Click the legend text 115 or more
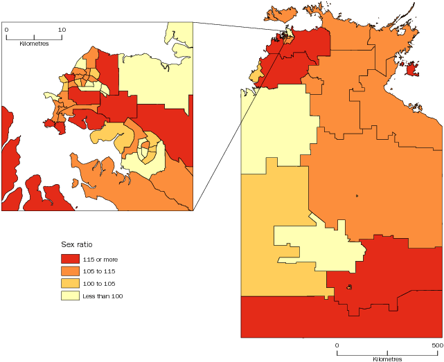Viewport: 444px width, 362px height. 100,259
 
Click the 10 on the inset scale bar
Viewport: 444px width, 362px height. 62,30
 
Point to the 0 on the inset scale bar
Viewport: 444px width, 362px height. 6,30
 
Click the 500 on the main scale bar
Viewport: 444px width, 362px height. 436,345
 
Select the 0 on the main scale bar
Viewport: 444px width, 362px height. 337,345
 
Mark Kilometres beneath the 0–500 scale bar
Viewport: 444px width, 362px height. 387,359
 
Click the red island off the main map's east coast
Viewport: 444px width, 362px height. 411,69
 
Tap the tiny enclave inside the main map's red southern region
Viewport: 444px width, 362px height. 350,287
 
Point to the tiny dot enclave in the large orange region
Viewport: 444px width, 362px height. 357,195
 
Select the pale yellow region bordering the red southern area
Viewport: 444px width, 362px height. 319,242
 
